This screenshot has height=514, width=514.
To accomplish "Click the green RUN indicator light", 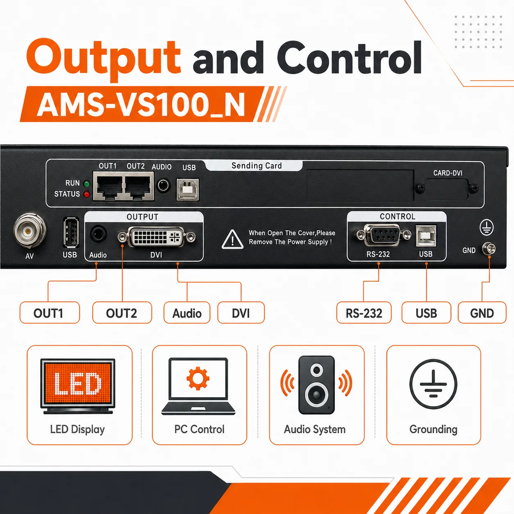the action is click(x=86, y=184).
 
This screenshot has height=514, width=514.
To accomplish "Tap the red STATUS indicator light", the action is click(x=86, y=194).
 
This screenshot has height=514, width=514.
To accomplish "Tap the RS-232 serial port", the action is click(x=382, y=235).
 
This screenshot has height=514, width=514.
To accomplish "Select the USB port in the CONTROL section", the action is click(x=426, y=236).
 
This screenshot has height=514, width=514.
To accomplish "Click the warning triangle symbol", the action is click(x=232, y=239).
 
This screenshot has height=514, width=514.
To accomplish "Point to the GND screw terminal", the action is click(x=489, y=249).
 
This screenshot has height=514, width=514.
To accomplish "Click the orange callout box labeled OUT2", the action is click(x=122, y=312).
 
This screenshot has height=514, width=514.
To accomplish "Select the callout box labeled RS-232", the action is click(x=364, y=312).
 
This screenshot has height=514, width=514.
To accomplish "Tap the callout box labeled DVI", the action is click(x=241, y=312).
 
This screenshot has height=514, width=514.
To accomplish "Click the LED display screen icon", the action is click(x=77, y=386).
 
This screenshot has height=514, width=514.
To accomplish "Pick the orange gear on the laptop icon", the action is click(x=198, y=378).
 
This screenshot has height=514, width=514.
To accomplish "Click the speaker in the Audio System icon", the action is click(x=316, y=384).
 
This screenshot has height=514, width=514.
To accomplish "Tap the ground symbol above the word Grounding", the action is click(x=433, y=384).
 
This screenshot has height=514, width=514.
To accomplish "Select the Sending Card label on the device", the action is click(x=257, y=166).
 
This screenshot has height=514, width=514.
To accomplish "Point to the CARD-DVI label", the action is click(x=448, y=173).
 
